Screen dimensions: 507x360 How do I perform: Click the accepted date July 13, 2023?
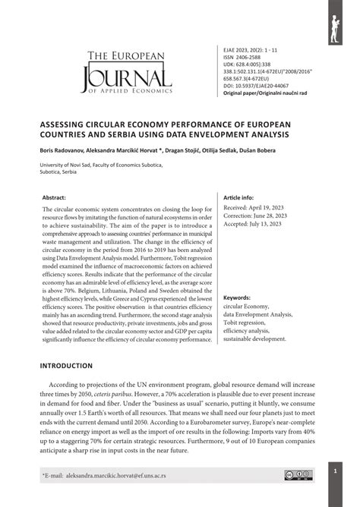[x=258, y=223]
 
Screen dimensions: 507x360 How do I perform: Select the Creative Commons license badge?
[x=294, y=475]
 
